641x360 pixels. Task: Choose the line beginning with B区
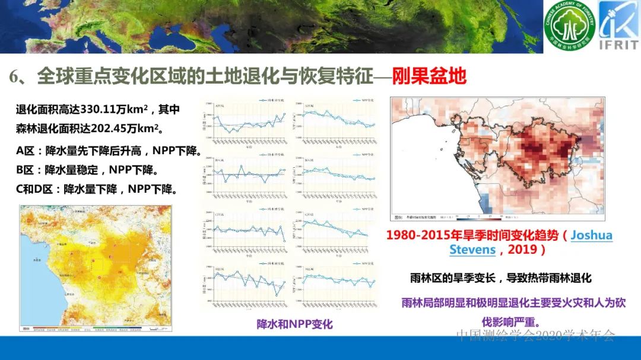coord(87,170)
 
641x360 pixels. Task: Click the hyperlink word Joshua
coord(591,235)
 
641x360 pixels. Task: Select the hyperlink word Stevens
coord(472,249)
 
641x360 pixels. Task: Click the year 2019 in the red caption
coord(522,249)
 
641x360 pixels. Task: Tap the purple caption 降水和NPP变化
coord(294,324)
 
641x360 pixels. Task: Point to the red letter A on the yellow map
coord(72,254)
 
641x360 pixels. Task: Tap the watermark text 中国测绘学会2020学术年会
coord(535,336)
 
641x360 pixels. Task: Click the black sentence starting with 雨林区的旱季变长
coord(500,278)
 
